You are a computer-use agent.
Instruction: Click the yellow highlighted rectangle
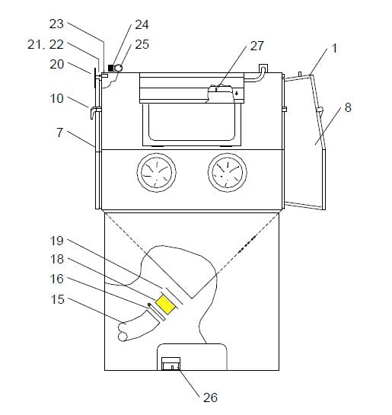click(x=166, y=305)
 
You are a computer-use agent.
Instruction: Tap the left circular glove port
click(x=156, y=173)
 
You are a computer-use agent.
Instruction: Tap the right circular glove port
click(x=228, y=173)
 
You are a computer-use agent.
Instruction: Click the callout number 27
click(x=257, y=46)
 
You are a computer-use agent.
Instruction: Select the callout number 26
click(x=210, y=397)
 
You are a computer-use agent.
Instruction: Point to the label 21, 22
click(x=46, y=44)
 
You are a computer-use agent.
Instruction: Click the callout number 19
click(x=57, y=241)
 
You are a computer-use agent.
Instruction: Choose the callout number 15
click(x=57, y=299)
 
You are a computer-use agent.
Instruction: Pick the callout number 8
click(x=348, y=107)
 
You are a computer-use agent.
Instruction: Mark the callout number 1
click(x=335, y=48)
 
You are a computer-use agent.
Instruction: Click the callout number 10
click(x=57, y=98)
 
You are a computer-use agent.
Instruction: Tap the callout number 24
click(x=142, y=24)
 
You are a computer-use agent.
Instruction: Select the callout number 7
click(x=60, y=132)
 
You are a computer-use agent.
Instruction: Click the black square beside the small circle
click(x=111, y=68)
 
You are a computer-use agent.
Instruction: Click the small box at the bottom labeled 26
click(x=171, y=363)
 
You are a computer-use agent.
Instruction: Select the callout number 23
click(x=56, y=24)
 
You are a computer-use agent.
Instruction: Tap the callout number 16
click(x=57, y=279)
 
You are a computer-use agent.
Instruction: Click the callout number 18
click(x=57, y=259)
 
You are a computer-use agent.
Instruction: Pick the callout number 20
click(x=57, y=64)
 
